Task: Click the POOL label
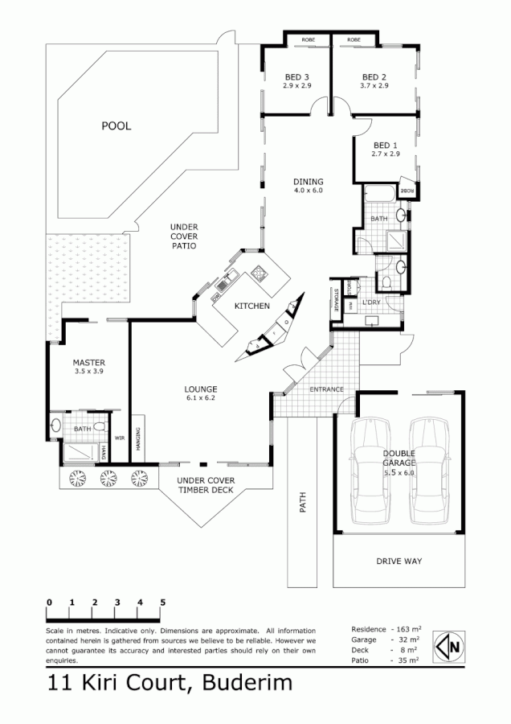tap(116, 126)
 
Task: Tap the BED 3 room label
tap(297, 77)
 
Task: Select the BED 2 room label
tap(374, 77)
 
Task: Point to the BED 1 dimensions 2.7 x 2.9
tap(386, 154)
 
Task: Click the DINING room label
tap(307, 182)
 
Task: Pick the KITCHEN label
tap(251, 306)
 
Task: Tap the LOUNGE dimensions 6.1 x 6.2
tap(200, 397)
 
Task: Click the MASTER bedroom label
tap(88, 363)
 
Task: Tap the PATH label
tap(304, 503)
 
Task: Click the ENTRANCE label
tap(327, 389)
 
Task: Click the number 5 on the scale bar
tap(162, 602)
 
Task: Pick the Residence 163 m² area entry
tap(385, 627)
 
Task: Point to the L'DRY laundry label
tap(371, 302)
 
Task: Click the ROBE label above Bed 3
tap(308, 39)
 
